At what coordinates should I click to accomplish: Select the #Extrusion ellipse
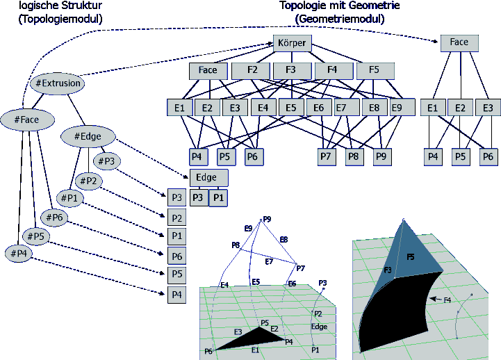(x=58, y=83)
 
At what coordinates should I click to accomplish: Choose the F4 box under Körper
(x=334, y=71)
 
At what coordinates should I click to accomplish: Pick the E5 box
(x=291, y=108)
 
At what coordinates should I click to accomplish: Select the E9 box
(x=396, y=108)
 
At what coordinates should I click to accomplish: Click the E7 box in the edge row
(x=342, y=108)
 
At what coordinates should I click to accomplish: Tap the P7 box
(x=325, y=157)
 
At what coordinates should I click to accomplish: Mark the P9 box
(x=381, y=157)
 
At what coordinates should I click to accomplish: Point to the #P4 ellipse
(x=19, y=254)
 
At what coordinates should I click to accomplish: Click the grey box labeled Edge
(x=208, y=178)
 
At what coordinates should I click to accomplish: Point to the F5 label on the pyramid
(x=411, y=257)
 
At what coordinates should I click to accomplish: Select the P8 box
(x=354, y=157)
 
